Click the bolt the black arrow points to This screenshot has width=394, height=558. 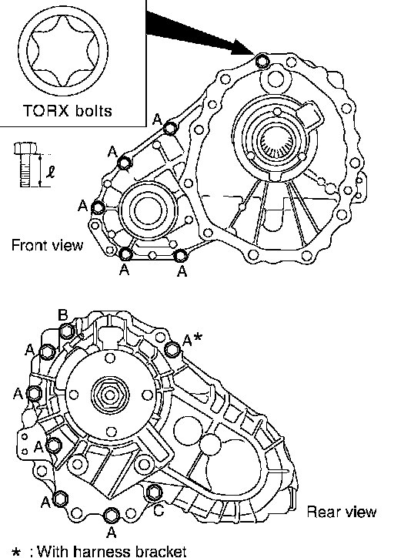tap(262, 62)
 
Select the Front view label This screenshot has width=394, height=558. tap(47, 245)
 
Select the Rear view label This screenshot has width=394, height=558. tap(342, 512)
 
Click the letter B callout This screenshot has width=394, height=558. tap(63, 315)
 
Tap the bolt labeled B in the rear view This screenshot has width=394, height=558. tap(66, 331)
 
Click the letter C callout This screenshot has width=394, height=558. tap(159, 510)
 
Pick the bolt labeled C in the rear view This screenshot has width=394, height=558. tap(154, 492)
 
